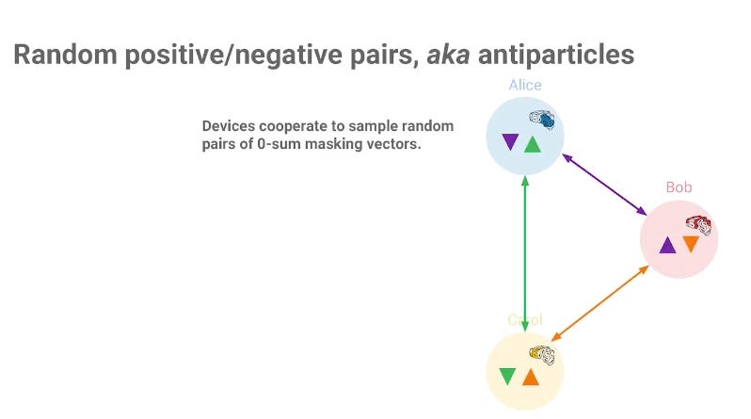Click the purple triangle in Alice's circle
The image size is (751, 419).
pyautogui.click(x=510, y=142)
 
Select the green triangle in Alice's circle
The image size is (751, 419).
pyautogui.click(x=533, y=144)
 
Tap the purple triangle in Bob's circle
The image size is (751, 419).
pyautogui.click(x=667, y=245)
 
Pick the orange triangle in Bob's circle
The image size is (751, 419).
pyautogui.click(x=691, y=244)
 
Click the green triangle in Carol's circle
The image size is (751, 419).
pyautogui.click(x=507, y=376)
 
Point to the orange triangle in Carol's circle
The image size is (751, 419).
pyautogui.click(x=530, y=377)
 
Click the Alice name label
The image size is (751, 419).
pyautogui.click(x=525, y=85)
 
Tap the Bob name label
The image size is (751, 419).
pyautogui.click(x=679, y=187)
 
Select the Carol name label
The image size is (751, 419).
pyautogui.click(x=525, y=320)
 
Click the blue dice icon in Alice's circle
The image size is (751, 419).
pyautogui.click(x=542, y=120)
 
